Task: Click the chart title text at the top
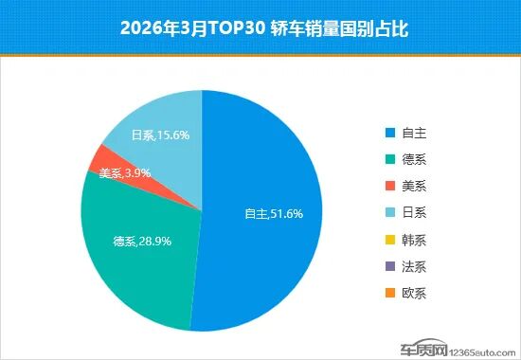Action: pyautogui.click(x=260, y=27)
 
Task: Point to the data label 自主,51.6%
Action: pyautogui.click(x=274, y=214)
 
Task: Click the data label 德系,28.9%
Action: pyautogui.click(x=141, y=242)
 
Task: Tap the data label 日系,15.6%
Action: pyautogui.click(x=161, y=135)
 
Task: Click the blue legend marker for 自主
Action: pyautogui.click(x=389, y=134)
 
